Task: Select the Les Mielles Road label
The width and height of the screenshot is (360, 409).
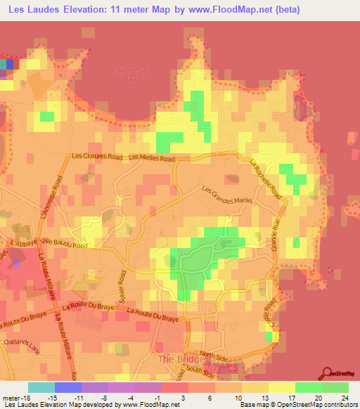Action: click(152, 160)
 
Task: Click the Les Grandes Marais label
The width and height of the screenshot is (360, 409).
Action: click(227, 197)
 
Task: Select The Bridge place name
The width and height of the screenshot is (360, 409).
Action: click(174, 358)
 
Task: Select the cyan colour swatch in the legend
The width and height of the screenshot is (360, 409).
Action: click(41, 387)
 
